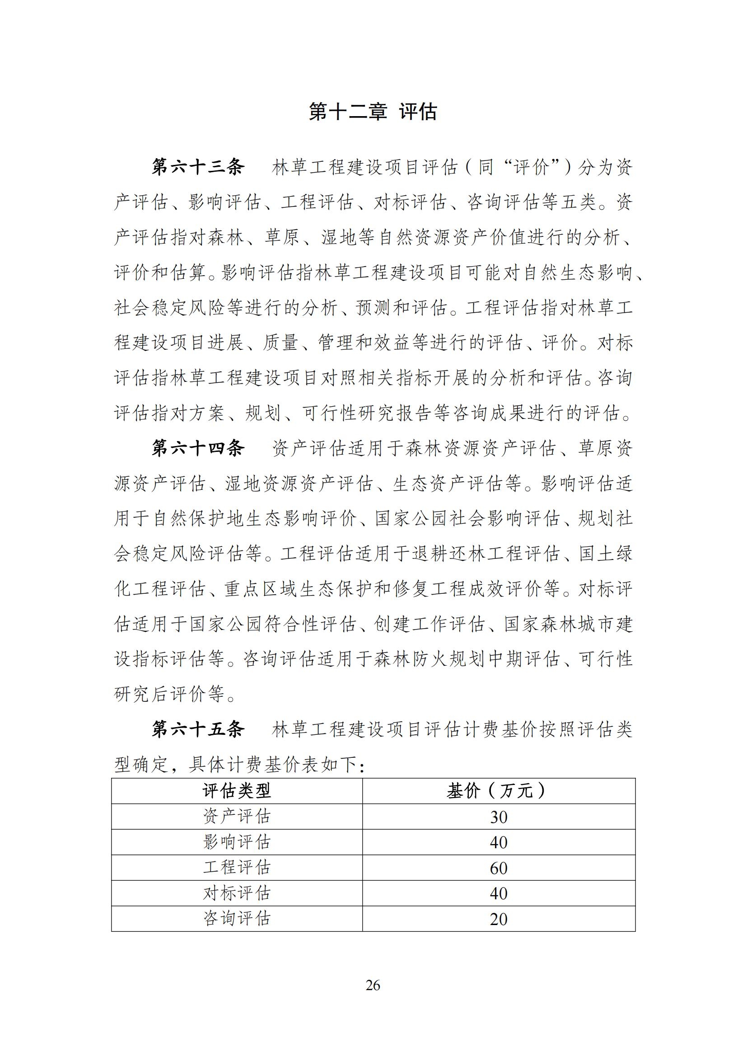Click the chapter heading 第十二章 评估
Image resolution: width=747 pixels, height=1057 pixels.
373,112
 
